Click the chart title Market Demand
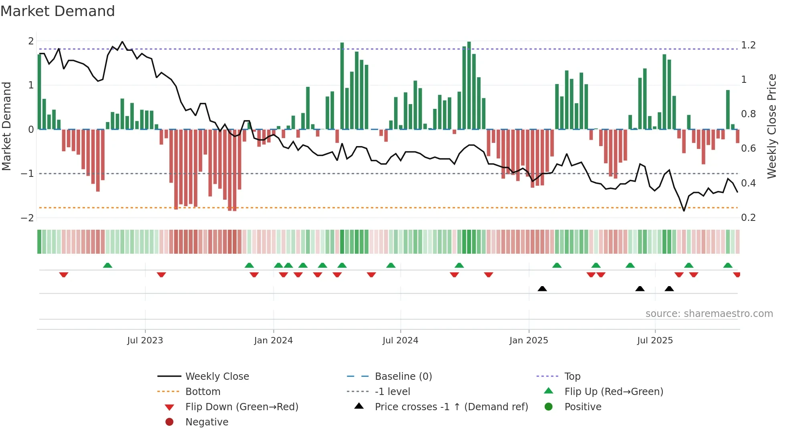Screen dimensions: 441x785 click(x=58, y=11)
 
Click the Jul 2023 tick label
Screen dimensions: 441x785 click(x=145, y=341)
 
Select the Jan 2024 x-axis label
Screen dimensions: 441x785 click(x=273, y=341)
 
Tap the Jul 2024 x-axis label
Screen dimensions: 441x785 click(x=400, y=341)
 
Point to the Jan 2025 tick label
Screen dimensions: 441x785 click(x=529, y=341)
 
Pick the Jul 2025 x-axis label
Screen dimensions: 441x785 click(x=655, y=341)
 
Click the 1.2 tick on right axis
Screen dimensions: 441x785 click(x=748, y=45)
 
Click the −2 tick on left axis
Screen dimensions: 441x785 click(x=27, y=218)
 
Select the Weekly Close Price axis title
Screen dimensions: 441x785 click(x=772, y=126)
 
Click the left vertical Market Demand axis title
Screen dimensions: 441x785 click(x=6, y=126)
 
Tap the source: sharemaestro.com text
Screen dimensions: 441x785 click(x=709, y=314)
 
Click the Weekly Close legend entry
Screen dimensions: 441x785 click(x=217, y=377)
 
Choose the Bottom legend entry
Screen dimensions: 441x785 click(x=203, y=392)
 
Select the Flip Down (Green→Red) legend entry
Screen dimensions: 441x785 click(x=242, y=407)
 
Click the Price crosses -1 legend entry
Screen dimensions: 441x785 click(x=451, y=407)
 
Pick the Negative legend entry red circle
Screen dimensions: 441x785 click(x=169, y=422)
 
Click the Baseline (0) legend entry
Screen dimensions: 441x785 click(x=403, y=377)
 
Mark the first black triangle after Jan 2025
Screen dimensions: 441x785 click(x=542, y=289)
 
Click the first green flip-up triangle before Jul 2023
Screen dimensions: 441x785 click(x=107, y=265)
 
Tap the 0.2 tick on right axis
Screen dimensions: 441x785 click(x=748, y=218)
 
